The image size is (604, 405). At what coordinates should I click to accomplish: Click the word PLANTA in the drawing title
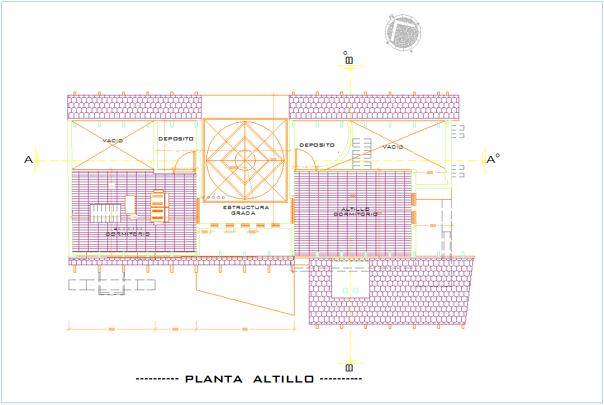point(214,379)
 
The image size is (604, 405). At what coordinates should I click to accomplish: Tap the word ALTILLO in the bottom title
point(283,379)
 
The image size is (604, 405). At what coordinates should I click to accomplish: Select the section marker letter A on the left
point(28,160)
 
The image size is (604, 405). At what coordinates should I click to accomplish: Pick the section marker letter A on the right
point(492,160)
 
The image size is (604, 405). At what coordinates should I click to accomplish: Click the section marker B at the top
point(349,60)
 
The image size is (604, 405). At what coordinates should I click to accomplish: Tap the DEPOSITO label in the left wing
point(176,139)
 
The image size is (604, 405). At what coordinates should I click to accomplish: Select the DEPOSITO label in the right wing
point(317,145)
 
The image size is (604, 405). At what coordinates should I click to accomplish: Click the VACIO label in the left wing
point(112,140)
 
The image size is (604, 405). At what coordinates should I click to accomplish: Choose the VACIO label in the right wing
point(393,147)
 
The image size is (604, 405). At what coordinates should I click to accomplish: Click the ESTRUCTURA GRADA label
point(245,210)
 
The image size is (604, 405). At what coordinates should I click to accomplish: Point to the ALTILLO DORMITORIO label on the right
point(355,212)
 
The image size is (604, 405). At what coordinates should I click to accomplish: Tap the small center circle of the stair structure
point(245,160)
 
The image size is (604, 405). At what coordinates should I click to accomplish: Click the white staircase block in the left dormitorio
point(105,213)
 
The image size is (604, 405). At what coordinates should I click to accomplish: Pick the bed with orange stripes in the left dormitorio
point(158,207)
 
